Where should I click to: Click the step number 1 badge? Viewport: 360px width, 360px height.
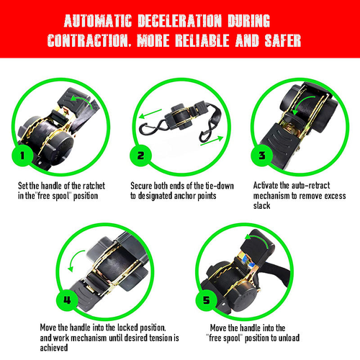pyautogui.click(x=22, y=156)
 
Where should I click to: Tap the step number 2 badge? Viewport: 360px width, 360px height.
pyautogui.click(x=140, y=156)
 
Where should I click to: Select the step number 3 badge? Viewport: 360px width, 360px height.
pyautogui.click(x=262, y=156)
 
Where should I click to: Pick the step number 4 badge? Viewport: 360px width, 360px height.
pyautogui.click(x=67, y=300)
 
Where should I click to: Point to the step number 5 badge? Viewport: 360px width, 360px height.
pyautogui.click(x=206, y=300)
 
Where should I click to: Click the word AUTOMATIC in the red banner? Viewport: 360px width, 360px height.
pyautogui.click(x=98, y=21)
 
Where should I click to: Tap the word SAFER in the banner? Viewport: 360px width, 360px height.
pyautogui.click(x=283, y=40)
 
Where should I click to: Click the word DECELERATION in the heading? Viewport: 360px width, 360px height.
pyautogui.click(x=180, y=21)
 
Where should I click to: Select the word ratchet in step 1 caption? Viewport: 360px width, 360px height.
pyautogui.click(x=94, y=186)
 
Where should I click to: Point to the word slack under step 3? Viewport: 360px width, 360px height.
pyautogui.click(x=261, y=206)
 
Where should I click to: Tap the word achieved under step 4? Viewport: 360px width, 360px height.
pyautogui.click(x=54, y=348)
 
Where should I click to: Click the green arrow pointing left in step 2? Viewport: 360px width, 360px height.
pyautogui.click(x=150, y=114)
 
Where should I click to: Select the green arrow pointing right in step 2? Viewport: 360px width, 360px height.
pyautogui.click(x=212, y=141)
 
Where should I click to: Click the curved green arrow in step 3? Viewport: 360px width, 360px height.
pyautogui.click(x=300, y=102)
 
